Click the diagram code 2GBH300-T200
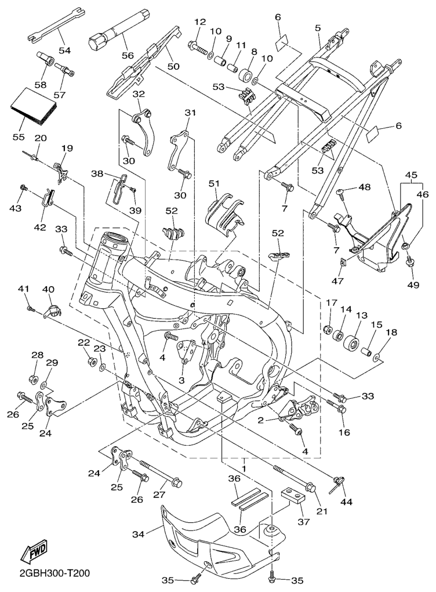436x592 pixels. pyautogui.click(x=46, y=573)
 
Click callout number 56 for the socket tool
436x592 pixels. pyautogui.click(x=126, y=56)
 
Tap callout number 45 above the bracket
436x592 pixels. pyautogui.click(x=411, y=175)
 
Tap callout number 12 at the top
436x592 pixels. pyautogui.click(x=200, y=22)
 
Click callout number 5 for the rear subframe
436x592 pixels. pyautogui.click(x=318, y=27)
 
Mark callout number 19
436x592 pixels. pyautogui.click(x=67, y=148)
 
